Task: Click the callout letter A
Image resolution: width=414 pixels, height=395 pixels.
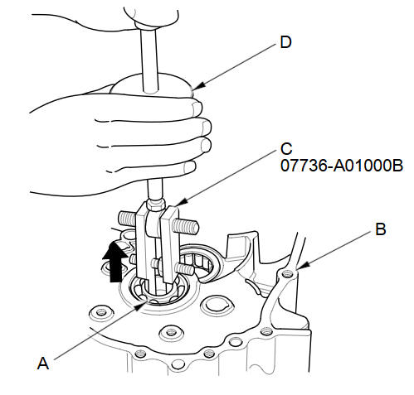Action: pyautogui.click(x=43, y=363)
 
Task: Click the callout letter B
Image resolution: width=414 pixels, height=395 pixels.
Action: pyautogui.click(x=381, y=229)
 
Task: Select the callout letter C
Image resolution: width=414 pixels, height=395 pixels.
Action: pyautogui.click(x=286, y=148)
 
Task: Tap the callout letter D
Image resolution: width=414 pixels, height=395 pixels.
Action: pyautogui.click(x=286, y=42)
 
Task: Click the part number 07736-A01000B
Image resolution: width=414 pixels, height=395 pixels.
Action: pyautogui.click(x=342, y=166)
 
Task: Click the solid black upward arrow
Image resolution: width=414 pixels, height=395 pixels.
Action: pyautogui.click(x=115, y=261)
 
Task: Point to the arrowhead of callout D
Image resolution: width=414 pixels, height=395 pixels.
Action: pyautogui.click(x=197, y=86)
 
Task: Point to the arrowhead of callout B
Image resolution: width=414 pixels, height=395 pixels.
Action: pyautogui.click(x=302, y=266)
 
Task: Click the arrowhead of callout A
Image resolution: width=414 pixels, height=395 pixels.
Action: pyautogui.click(x=140, y=306)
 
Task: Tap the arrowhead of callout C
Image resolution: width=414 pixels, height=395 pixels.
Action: pyautogui.click(x=181, y=203)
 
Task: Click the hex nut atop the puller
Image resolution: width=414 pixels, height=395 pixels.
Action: pyautogui.click(x=156, y=205)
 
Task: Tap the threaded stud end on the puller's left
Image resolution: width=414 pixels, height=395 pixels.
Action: pyautogui.click(x=128, y=218)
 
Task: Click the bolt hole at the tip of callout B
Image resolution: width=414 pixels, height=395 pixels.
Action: pyautogui.click(x=288, y=274)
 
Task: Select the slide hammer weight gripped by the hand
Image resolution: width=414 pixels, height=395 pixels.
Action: pyautogui.click(x=152, y=85)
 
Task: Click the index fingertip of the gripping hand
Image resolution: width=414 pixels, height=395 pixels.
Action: pyautogui.click(x=197, y=108)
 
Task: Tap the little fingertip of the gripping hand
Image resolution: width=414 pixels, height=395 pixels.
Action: pyautogui.click(x=189, y=167)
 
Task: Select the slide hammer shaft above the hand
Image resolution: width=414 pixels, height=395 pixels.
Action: pyautogui.click(x=149, y=60)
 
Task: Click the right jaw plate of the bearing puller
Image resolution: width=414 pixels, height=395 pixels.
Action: pyautogui.click(x=170, y=243)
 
